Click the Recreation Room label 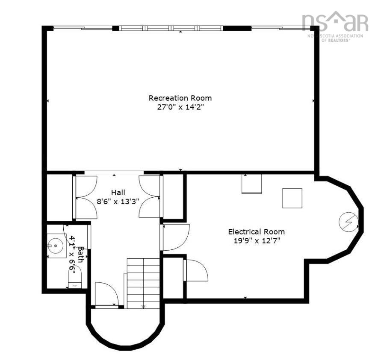point(180,98)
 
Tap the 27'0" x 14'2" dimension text point(180,107)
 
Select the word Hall point(118,193)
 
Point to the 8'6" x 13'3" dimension point(118,202)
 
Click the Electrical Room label point(256,232)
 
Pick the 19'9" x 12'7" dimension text point(256,241)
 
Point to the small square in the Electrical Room point(292,198)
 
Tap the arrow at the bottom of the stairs point(143,305)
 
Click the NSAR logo point(334,23)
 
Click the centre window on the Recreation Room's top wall point(172,29)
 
